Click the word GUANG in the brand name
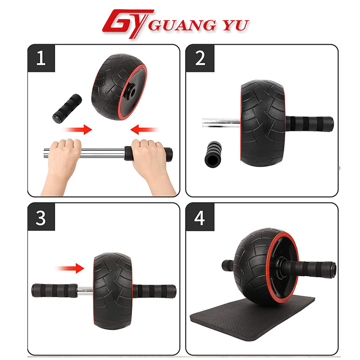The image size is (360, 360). click(182, 25)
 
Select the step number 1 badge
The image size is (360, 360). click(41, 58)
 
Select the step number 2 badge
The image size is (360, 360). click(200, 58)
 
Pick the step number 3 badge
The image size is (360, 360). click(41, 217)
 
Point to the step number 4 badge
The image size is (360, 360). click(200, 217)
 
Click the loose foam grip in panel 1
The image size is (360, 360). click(67, 108)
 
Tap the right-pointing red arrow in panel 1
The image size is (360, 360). click(77, 130)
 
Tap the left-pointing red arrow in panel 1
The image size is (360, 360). click(144, 130)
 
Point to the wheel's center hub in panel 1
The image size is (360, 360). click(132, 91)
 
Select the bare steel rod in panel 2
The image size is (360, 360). click(222, 122)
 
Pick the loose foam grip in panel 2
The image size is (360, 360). click(213, 154)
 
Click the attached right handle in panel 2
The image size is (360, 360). click(310, 124)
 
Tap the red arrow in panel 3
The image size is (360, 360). click(70, 268)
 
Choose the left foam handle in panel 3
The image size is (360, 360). click(54, 291)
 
